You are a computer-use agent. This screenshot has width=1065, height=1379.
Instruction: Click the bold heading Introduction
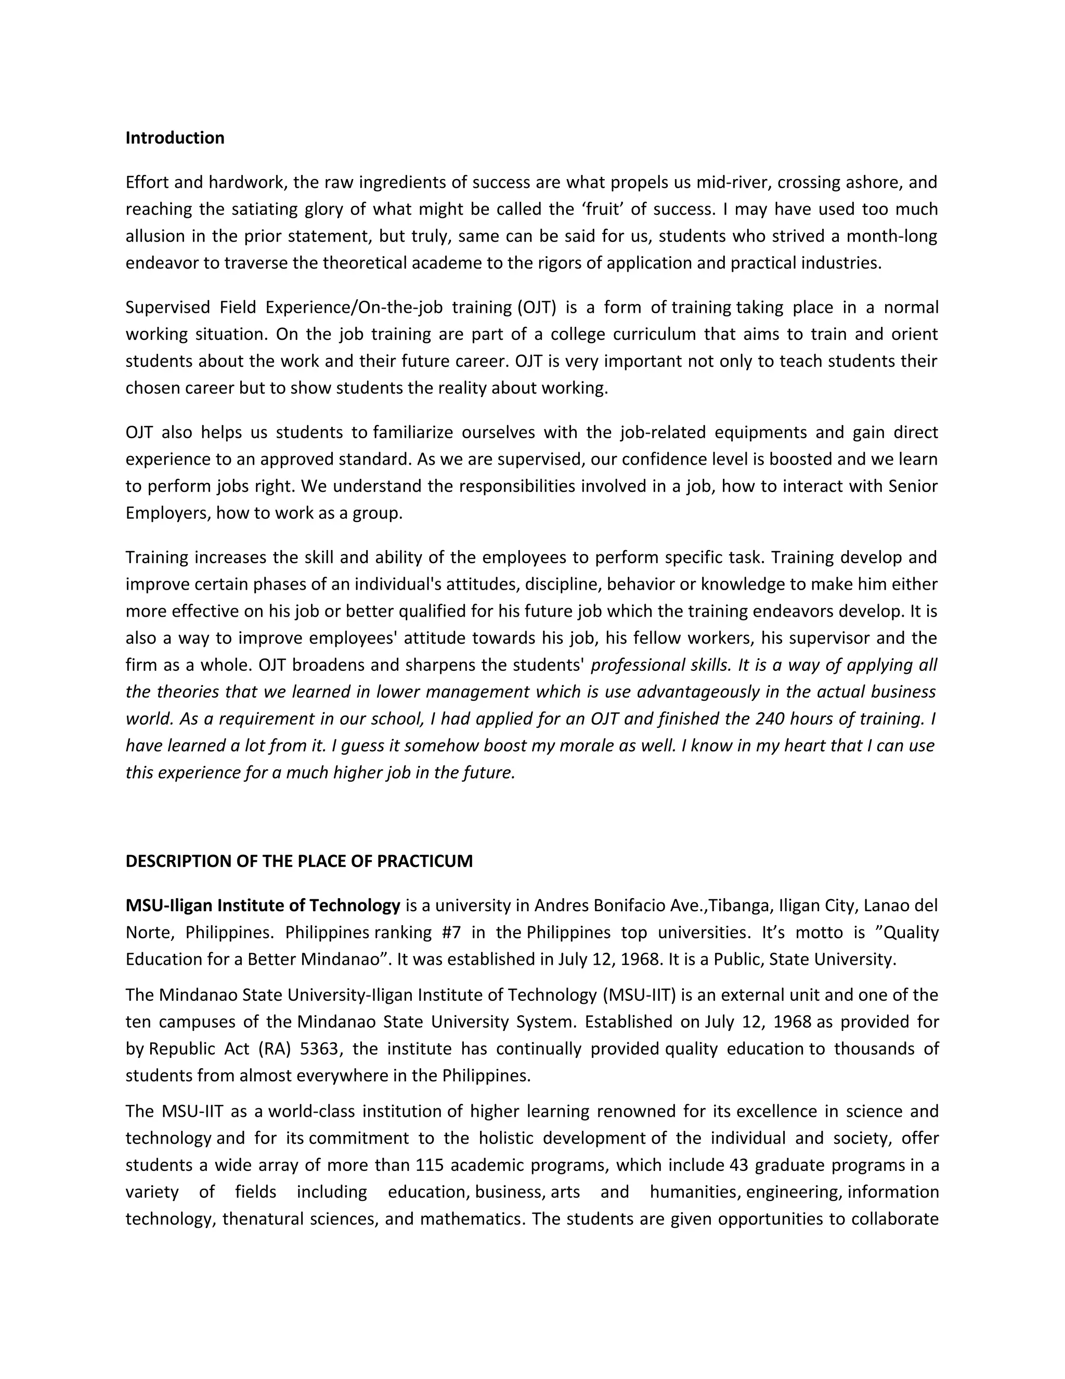[x=175, y=138]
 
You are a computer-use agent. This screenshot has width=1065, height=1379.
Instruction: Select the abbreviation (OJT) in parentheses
[x=537, y=308]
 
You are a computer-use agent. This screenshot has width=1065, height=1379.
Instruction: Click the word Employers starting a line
[x=168, y=513]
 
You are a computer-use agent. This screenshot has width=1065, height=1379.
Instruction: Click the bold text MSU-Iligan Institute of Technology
[x=263, y=905]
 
